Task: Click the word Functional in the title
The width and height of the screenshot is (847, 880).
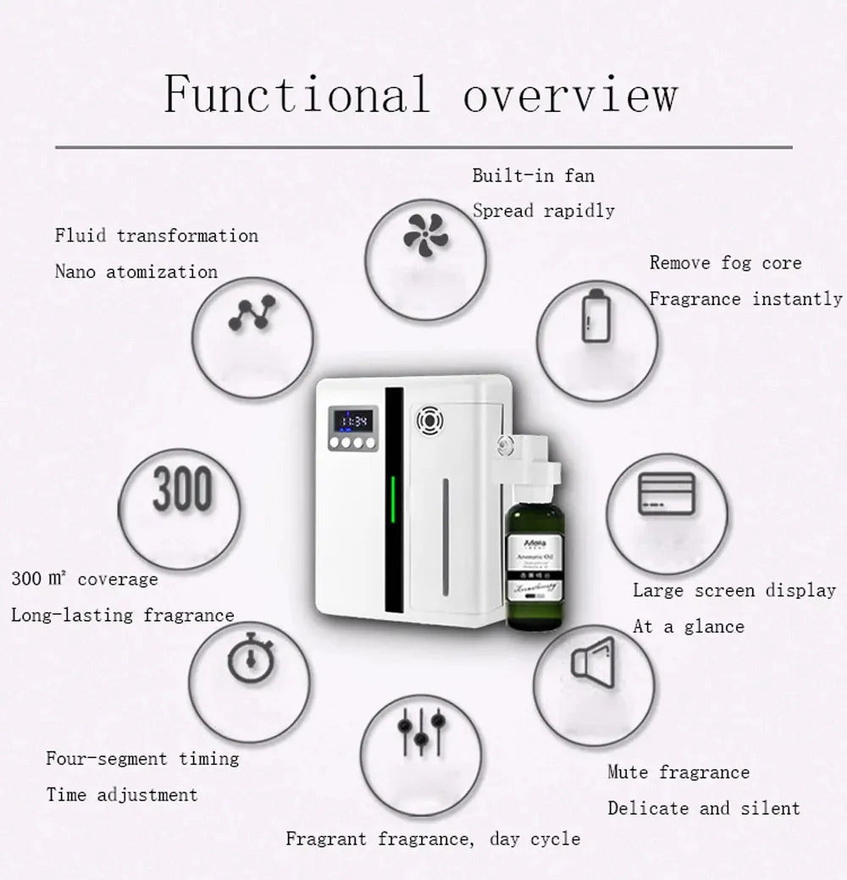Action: (x=296, y=93)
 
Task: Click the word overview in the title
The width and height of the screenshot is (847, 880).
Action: (x=570, y=95)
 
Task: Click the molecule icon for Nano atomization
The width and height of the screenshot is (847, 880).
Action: (x=252, y=313)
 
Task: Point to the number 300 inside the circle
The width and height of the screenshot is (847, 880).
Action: (x=183, y=490)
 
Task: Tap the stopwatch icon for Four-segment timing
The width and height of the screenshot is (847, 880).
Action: (x=251, y=660)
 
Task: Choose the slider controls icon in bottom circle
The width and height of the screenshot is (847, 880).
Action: (x=421, y=730)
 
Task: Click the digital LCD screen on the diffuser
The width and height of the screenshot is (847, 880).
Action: (x=351, y=420)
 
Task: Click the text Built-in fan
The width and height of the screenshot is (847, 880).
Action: (x=533, y=176)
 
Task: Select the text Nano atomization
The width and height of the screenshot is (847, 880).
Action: (x=136, y=272)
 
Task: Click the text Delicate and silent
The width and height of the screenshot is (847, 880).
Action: (x=703, y=808)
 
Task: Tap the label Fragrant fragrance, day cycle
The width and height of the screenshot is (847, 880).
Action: (x=433, y=839)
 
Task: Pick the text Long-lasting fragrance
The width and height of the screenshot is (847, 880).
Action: (x=123, y=615)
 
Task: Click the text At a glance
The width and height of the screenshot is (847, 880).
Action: (x=689, y=627)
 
